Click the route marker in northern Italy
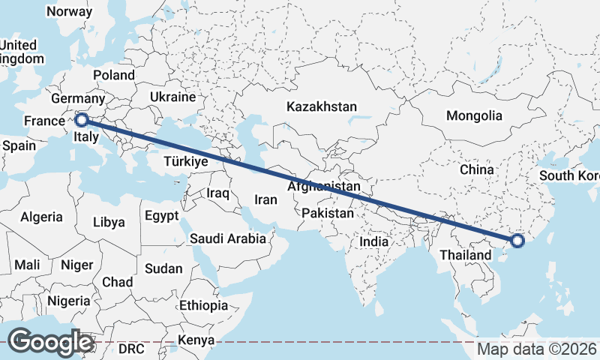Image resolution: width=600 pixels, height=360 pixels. pos(82,118)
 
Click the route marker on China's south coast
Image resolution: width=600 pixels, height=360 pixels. pos(517,241)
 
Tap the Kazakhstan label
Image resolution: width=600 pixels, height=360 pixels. pos(321,107)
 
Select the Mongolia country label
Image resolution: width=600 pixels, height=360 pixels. pos(474,116)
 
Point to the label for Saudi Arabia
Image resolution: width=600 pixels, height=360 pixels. pos(228,239)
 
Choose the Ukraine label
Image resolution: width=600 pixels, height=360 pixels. pos(172,97)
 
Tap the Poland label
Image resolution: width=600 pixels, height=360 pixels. pos(114,75)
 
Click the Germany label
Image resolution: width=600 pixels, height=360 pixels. pos(78,99)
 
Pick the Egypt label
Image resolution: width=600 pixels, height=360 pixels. pos(162,216)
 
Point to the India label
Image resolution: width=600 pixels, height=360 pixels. pos(373,242)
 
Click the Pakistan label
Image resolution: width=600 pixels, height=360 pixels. pos(328,214)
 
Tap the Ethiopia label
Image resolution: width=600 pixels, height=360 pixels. pos(203,305)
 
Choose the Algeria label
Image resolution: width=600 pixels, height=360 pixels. pos(41,217)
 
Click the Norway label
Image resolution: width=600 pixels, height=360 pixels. pos(69,12)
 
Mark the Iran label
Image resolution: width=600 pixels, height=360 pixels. pos(266,200)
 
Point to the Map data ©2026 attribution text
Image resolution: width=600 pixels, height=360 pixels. pos(537,349)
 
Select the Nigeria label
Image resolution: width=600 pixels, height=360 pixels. pos(68,301)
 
